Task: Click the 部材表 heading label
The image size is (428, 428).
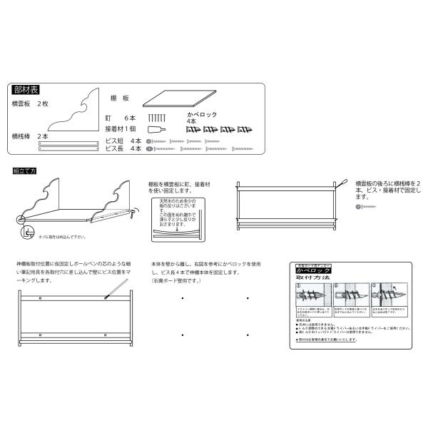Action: pyautogui.click(x=27, y=91)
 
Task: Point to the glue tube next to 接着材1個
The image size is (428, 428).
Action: pyautogui.click(x=156, y=130)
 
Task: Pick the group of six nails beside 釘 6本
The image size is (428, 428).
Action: pyautogui.click(x=156, y=117)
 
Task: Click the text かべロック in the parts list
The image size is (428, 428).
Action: pyautogui.click(x=202, y=114)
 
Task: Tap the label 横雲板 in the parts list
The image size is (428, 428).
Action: pyautogui.click(x=20, y=104)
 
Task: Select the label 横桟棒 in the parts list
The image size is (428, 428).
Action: pyautogui.click(x=20, y=135)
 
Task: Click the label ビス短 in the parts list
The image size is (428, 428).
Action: pyautogui.click(x=114, y=141)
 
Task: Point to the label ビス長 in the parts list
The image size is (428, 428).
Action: pyautogui.click(x=114, y=150)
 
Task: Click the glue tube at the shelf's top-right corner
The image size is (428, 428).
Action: pyautogui.click(x=342, y=183)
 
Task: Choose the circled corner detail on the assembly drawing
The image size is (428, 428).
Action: pyautogui.click(x=26, y=231)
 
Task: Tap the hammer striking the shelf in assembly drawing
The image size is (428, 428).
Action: pyautogui.click(x=133, y=212)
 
